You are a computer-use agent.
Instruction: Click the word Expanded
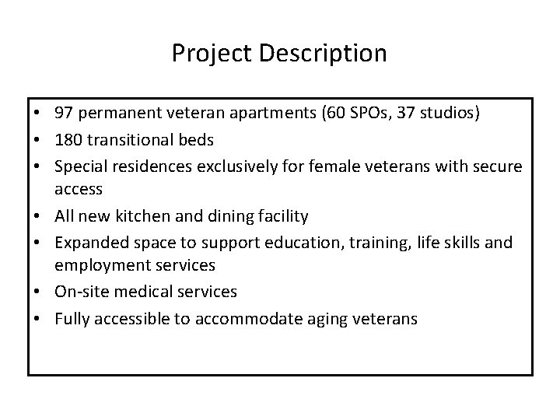pos(88,243)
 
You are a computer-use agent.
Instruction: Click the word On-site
pos(79,292)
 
